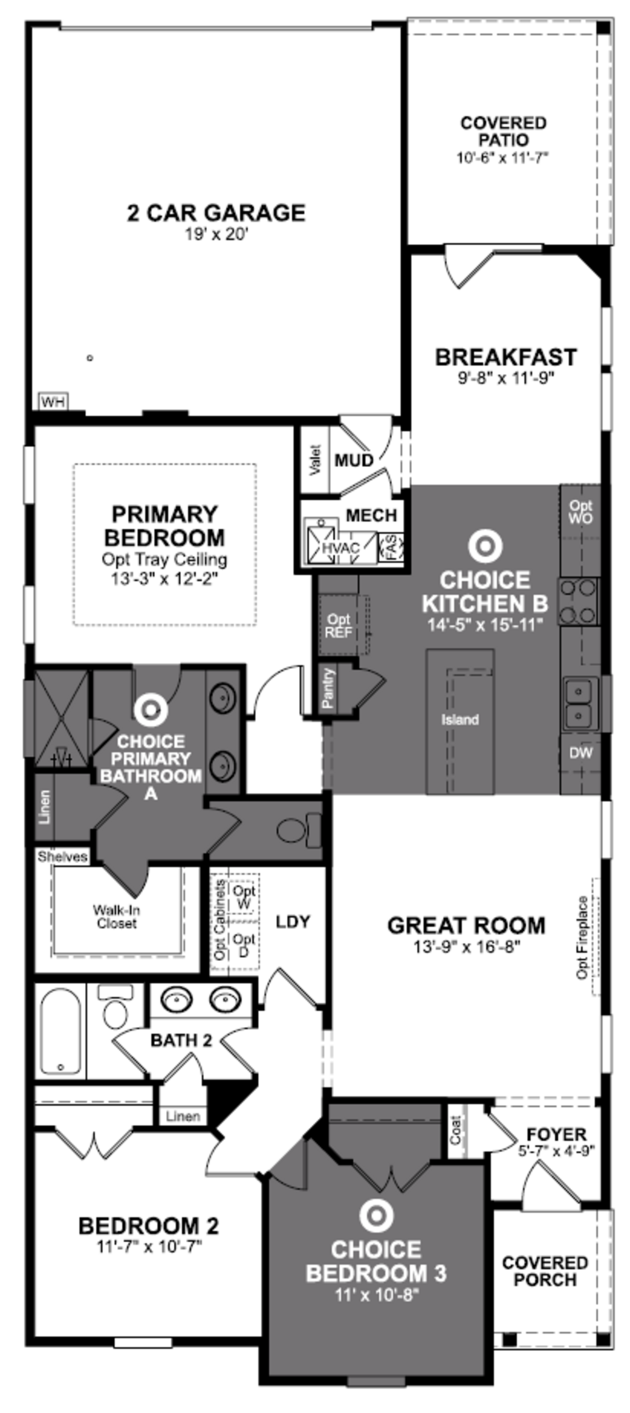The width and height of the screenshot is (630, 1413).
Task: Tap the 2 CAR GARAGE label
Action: coord(216,213)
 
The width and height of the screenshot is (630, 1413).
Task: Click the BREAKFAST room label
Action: coord(505,357)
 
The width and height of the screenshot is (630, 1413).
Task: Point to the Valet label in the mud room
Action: coord(315,460)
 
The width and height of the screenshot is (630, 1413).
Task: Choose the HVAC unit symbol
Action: coord(340,547)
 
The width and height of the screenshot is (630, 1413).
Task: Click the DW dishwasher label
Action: coord(580,753)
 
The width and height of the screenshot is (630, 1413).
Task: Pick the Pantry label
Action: coord(328,688)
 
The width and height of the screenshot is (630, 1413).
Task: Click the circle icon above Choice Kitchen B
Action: coord(485,546)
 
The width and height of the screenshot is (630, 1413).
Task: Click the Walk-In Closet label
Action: coord(116,917)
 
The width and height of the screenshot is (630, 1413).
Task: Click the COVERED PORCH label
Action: coord(545,1271)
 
